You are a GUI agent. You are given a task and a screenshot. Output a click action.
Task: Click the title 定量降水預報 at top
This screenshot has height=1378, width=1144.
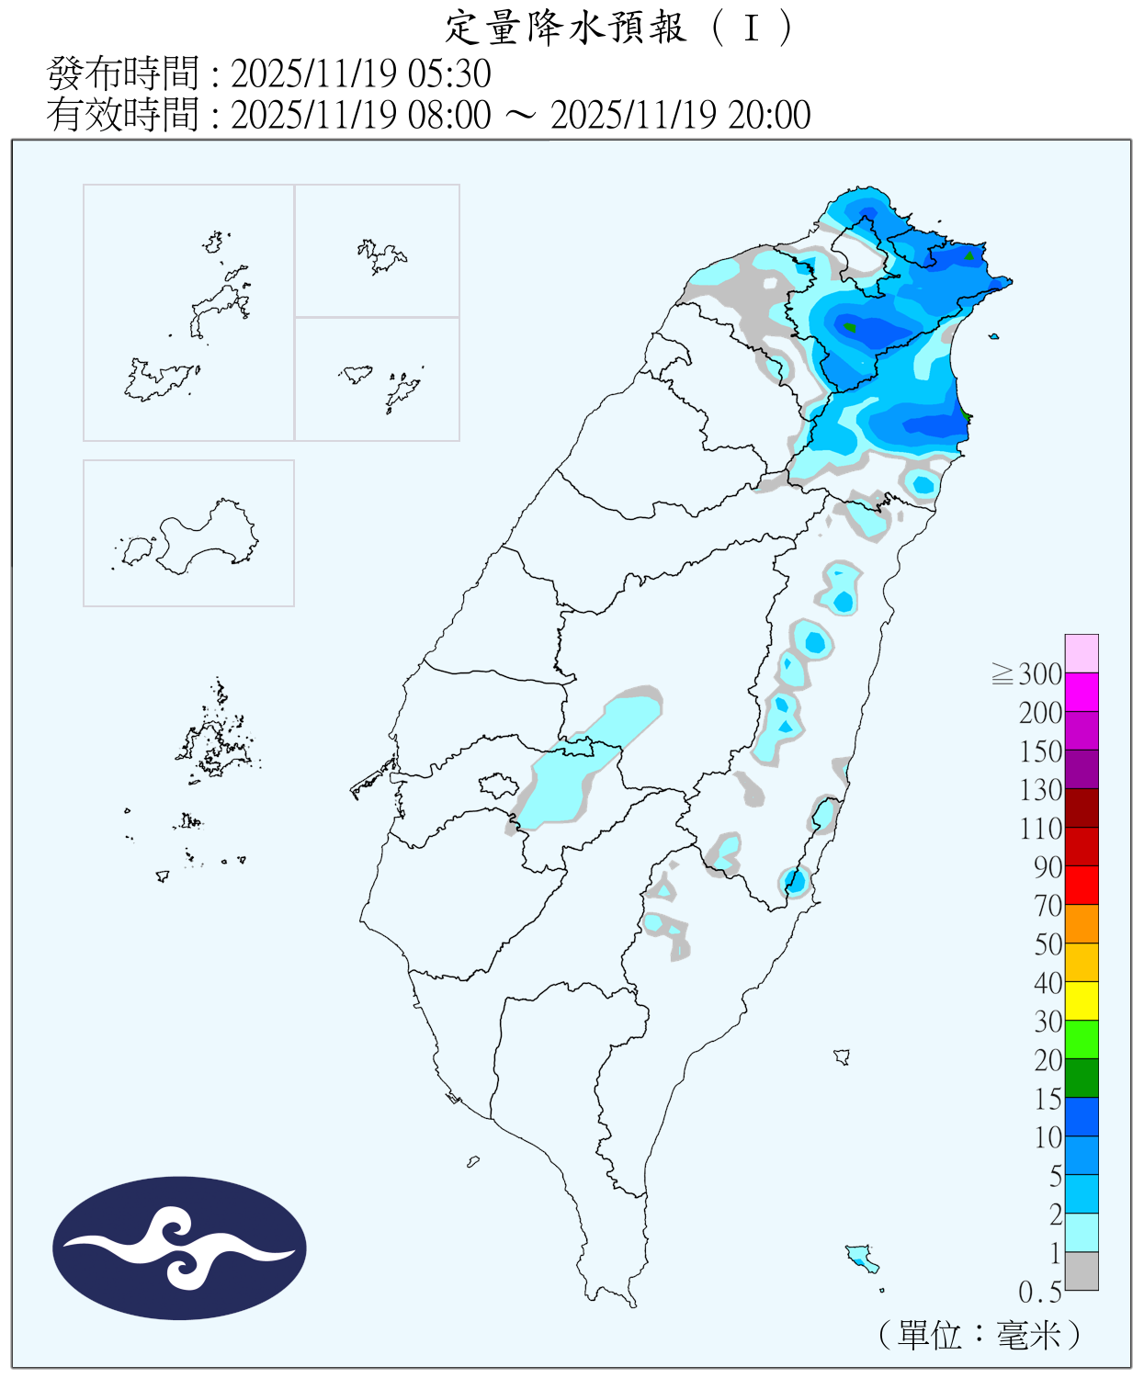pyautogui.click(x=565, y=28)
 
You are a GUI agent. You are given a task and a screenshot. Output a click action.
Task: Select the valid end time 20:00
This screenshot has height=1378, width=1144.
pyautogui.click(x=769, y=115)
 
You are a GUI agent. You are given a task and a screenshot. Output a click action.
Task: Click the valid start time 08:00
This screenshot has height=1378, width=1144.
pyautogui.click(x=451, y=115)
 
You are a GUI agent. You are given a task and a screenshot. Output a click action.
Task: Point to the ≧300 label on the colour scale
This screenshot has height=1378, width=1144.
pyautogui.click(x=1028, y=674)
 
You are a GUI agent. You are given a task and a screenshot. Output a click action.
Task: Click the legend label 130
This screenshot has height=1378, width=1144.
pyautogui.click(x=1040, y=790)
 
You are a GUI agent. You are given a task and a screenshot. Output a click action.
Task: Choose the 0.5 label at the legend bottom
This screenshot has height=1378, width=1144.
pyautogui.click(x=1039, y=1293)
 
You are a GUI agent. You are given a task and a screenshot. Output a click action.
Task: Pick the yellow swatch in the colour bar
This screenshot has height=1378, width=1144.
pyautogui.click(x=1082, y=1000)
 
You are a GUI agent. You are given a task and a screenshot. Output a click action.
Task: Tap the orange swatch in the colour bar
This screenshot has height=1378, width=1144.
pyautogui.click(x=1082, y=923)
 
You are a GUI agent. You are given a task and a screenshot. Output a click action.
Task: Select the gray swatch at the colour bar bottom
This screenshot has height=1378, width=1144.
pyautogui.click(x=1082, y=1271)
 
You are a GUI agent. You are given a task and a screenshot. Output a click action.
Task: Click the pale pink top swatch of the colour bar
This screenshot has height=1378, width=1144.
pyautogui.click(x=1082, y=653)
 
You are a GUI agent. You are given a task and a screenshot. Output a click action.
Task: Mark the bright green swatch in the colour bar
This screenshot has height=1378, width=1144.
pyautogui.click(x=1082, y=1039)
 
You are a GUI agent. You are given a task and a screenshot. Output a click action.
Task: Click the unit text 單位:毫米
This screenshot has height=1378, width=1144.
pyautogui.click(x=980, y=1335)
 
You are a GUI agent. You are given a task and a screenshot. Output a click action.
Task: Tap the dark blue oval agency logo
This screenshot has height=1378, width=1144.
pyautogui.click(x=179, y=1248)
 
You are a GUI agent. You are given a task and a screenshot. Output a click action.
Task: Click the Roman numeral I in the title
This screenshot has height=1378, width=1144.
pyautogui.click(x=751, y=28)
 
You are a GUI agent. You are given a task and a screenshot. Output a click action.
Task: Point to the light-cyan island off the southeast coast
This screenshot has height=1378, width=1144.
pyautogui.click(x=861, y=1256)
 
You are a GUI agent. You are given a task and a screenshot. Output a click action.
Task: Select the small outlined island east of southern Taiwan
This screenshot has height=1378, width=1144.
pyautogui.click(x=842, y=1056)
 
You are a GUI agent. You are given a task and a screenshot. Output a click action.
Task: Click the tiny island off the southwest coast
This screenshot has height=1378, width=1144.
pyautogui.click(x=473, y=1162)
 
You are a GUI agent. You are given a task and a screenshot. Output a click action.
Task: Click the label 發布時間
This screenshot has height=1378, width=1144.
pyautogui.click(x=122, y=73)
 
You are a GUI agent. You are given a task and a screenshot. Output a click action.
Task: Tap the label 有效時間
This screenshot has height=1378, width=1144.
pyautogui.click(x=122, y=115)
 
